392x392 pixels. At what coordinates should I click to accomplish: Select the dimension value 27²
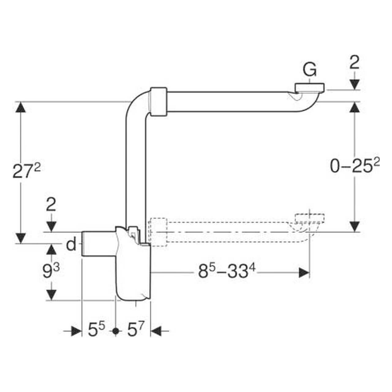pyautogui.click(x=26, y=171)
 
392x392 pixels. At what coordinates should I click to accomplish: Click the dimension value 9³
pyautogui.click(x=51, y=271)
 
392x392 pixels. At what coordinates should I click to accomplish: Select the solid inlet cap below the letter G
pyautogui.click(x=309, y=88)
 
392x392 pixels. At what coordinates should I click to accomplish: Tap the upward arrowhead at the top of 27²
pyautogui.click(x=21, y=108)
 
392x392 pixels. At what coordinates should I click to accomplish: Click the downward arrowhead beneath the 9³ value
pyautogui.click(x=51, y=295)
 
